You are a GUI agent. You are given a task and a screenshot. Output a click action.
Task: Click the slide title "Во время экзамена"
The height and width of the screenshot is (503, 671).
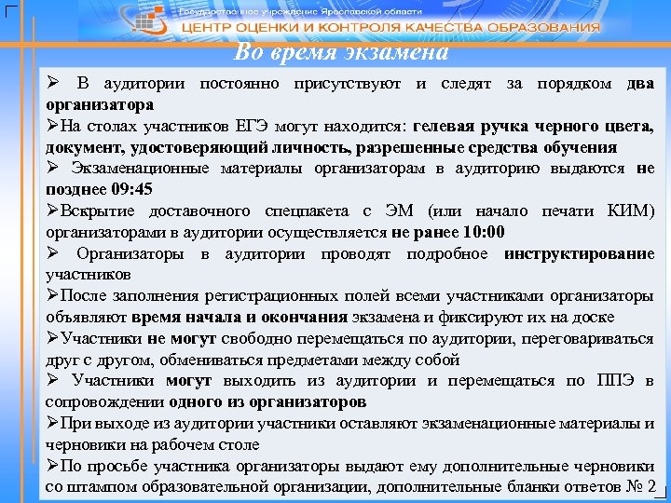(x=341, y=53)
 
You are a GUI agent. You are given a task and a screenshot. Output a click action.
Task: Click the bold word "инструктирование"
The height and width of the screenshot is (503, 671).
(x=579, y=253)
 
